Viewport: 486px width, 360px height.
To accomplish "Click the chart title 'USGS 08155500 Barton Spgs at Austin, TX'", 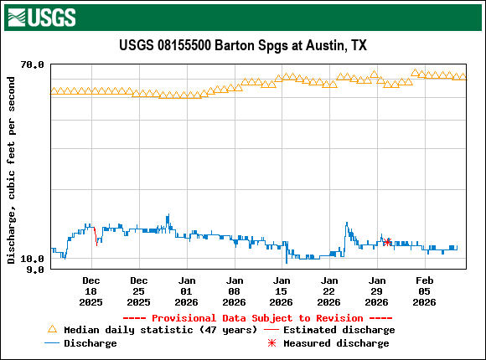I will click(x=242, y=45).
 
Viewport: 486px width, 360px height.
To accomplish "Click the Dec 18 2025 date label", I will click(x=91, y=291).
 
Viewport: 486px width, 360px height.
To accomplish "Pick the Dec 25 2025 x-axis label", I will click(x=139, y=291).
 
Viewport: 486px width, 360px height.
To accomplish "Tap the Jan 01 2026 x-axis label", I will click(x=187, y=291).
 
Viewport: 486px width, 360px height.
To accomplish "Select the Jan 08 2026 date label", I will click(x=235, y=291).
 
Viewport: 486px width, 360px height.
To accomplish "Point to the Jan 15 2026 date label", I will click(x=282, y=291).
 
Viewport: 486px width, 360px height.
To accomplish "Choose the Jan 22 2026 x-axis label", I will click(x=330, y=291).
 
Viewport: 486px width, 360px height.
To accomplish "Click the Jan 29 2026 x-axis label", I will click(x=378, y=291).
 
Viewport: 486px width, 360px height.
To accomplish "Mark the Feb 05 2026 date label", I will click(x=425, y=291).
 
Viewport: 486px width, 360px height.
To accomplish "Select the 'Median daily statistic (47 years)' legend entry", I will click(x=151, y=330).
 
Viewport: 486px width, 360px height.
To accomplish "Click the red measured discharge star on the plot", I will click(x=387, y=242).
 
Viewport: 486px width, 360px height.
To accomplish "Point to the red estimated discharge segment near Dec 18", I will click(x=95, y=231).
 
